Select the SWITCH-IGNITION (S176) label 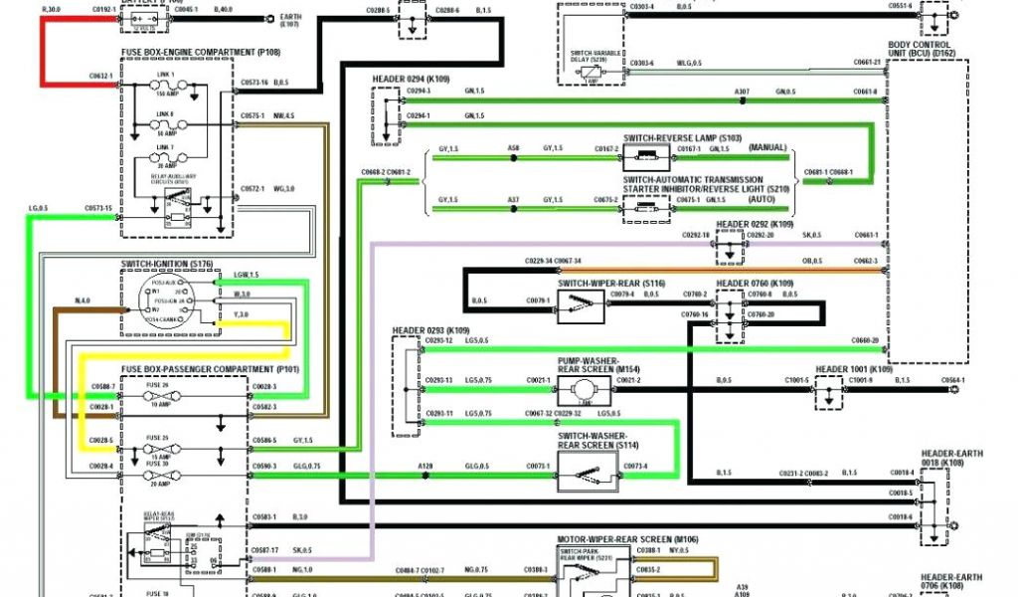(167, 263)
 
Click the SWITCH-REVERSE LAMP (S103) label (683, 137)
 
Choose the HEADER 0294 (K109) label (411, 78)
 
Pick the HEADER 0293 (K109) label (430, 330)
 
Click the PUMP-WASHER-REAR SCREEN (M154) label (589, 365)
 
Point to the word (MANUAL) (768, 147)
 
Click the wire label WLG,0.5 (690, 64)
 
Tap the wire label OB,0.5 (812, 262)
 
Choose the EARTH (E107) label (291, 20)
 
